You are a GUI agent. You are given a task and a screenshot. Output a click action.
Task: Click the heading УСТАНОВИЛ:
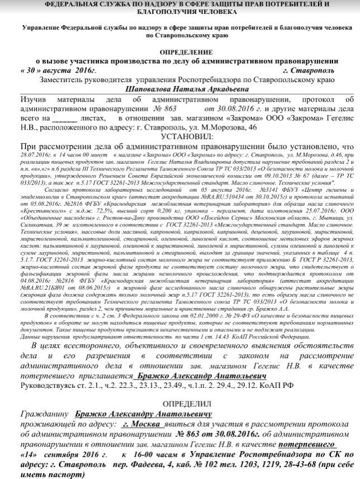click(179, 136)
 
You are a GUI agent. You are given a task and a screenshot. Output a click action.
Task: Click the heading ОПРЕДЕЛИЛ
click(179, 403)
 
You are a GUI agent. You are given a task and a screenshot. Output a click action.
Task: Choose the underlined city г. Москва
click(143, 424)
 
